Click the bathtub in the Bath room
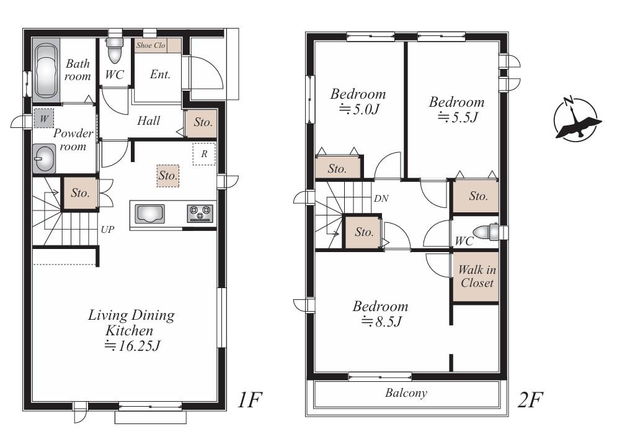45,70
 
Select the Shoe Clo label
151,45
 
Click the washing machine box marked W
43,118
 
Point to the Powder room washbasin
45,158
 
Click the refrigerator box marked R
204,154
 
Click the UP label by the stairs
107,230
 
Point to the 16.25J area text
133,346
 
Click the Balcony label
406,393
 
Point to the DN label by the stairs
381,199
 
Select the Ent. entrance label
160,75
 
